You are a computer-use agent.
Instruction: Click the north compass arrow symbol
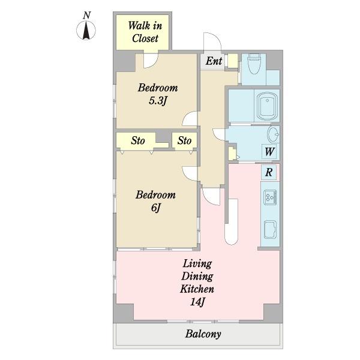(x=86, y=30)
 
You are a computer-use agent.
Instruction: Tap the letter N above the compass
(x=86, y=15)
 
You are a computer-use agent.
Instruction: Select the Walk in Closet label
(x=145, y=32)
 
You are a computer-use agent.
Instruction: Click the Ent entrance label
(x=214, y=61)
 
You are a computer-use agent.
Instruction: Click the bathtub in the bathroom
(x=267, y=106)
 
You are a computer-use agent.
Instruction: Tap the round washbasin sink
(x=273, y=134)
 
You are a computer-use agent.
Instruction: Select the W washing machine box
(x=269, y=152)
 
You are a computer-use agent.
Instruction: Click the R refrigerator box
(x=269, y=172)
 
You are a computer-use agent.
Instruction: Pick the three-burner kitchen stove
(x=270, y=197)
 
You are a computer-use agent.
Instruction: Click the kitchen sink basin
(x=270, y=230)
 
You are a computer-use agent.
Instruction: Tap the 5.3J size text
(x=158, y=101)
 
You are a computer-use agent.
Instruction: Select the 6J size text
(x=155, y=208)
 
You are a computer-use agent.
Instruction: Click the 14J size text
(x=197, y=301)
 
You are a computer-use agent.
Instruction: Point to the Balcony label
(x=203, y=334)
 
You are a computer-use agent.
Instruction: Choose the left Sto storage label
(x=138, y=140)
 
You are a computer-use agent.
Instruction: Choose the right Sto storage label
(x=184, y=140)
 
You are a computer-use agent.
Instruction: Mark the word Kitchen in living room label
(x=197, y=289)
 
